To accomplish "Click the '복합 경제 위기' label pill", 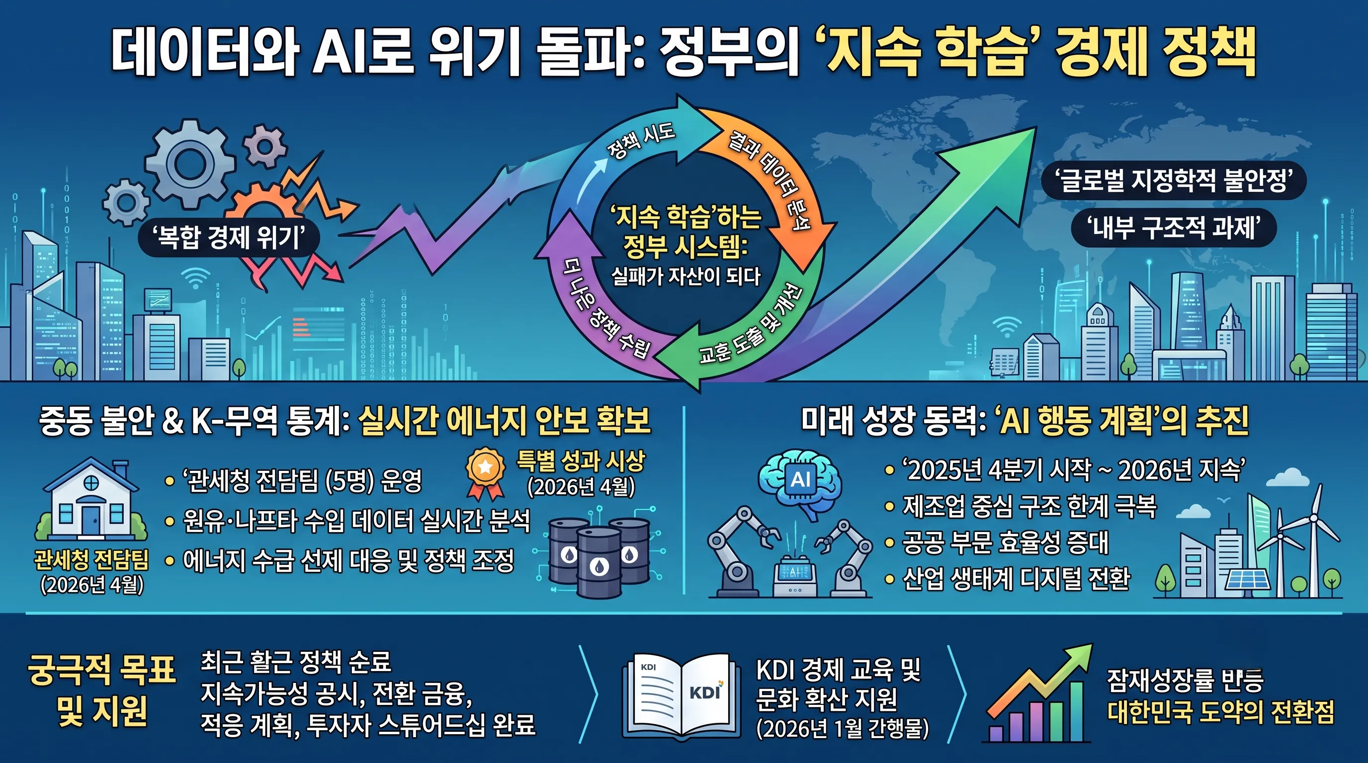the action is pos(229,237).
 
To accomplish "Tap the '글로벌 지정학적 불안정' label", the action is pos(1174,181).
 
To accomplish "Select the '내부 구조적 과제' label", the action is pos(1174,228).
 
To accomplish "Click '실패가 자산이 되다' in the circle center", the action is pos(685,276).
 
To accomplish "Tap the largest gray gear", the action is pos(189,163).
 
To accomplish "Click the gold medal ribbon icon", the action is pos(485,474).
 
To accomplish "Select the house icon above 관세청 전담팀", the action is pos(91,499).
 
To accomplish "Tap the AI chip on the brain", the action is pos(800,480).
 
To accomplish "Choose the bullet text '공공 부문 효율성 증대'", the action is pos(1006,542).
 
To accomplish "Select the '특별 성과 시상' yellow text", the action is pos(581,460).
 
